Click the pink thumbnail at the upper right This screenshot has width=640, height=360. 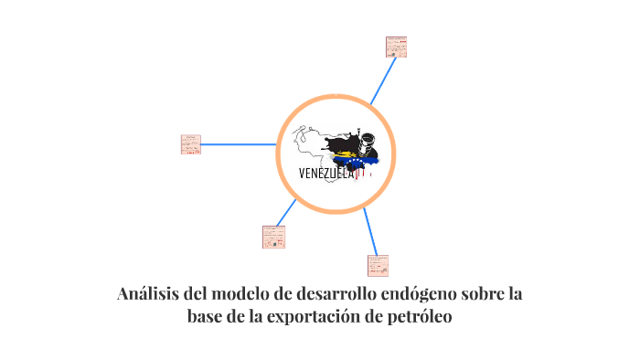pos(396,47)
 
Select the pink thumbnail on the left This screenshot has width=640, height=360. pos(191,144)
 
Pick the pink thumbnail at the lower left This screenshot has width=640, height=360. pos(273,237)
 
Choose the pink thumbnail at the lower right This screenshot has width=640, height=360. pos(378,265)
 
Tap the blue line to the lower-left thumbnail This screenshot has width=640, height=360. pos(285,213)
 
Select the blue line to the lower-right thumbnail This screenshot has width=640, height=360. pos(369,231)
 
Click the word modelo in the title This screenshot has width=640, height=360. pos(249,295)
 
